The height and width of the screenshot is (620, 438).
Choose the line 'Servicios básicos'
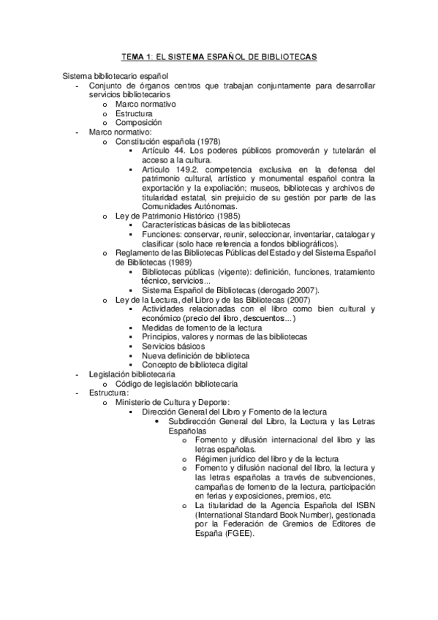173,346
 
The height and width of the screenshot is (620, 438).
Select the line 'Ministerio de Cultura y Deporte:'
173,402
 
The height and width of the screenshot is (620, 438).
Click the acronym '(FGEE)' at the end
241,534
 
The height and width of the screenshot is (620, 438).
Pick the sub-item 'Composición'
138,123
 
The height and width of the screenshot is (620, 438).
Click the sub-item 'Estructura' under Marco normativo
134,113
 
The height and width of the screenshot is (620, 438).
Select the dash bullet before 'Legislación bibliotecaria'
78,374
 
